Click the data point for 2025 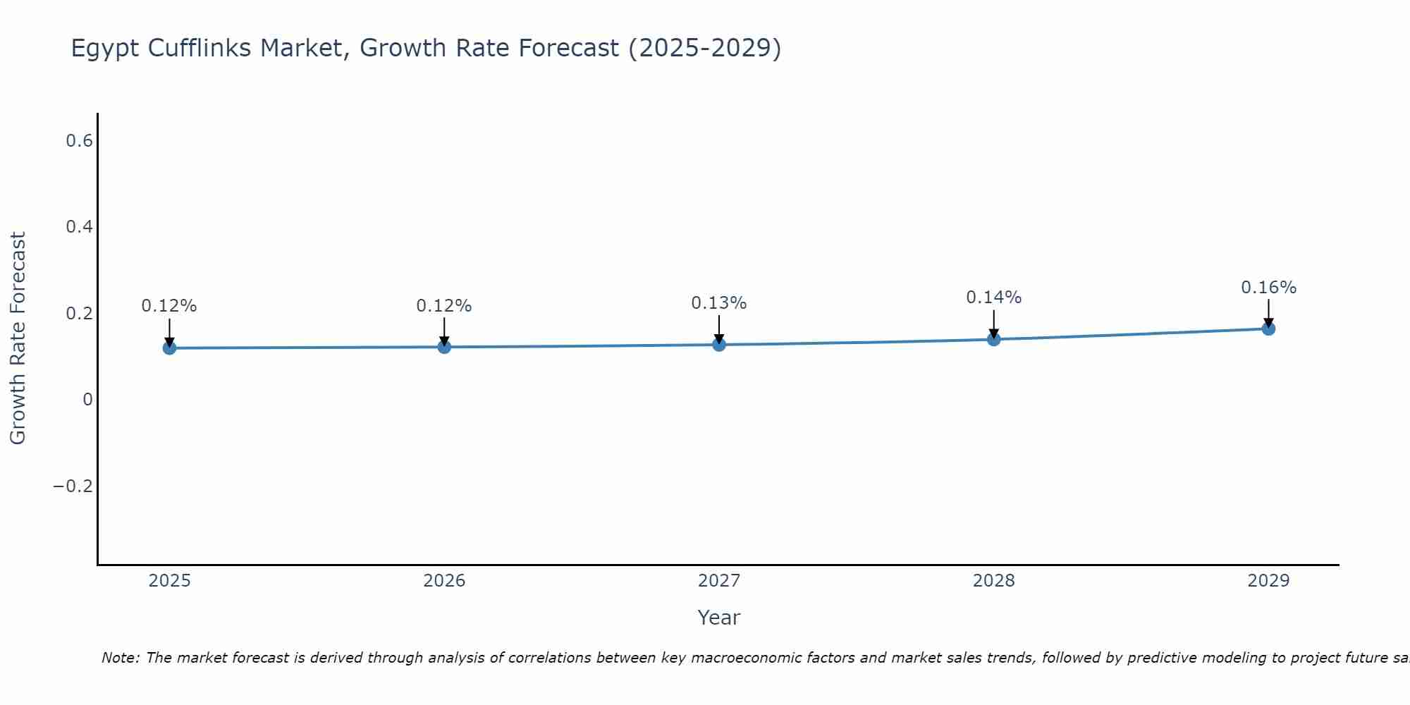coord(169,348)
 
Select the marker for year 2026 coord(444,346)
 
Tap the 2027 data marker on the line coord(719,344)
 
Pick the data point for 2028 coord(994,339)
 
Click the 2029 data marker coord(1268,329)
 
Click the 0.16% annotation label coord(1268,288)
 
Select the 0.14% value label coord(993,298)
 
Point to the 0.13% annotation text coord(718,303)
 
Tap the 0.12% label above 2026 coord(443,306)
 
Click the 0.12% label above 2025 coord(169,306)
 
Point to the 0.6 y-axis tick coord(79,141)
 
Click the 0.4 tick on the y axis coord(79,227)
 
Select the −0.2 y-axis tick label coord(73,486)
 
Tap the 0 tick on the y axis coord(87,400)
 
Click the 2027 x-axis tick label coord(718,581)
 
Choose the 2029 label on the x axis coord(1268,581)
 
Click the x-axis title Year coord(718,618)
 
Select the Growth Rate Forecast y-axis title coord(18,338)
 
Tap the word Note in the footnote coord(121,658)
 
